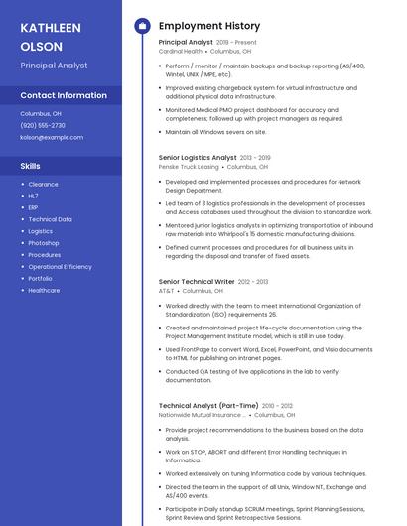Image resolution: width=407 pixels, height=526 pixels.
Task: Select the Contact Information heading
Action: [64, 95]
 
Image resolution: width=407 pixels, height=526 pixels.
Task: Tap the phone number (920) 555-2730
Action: [43, 125]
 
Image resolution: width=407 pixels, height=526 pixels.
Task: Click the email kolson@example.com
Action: [52, 137]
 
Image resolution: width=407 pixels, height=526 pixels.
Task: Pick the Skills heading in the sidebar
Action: [31, 166]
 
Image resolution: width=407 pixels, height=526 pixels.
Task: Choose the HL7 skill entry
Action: [34, 196]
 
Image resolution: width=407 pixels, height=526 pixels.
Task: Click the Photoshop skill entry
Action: [44, 243]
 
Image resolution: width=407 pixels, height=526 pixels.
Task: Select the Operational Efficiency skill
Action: [60, 267]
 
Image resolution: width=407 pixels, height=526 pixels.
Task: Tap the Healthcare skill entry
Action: [44, 291]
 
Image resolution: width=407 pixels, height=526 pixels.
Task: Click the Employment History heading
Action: [209, 26]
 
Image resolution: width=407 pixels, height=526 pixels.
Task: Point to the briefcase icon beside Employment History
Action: [142, 26]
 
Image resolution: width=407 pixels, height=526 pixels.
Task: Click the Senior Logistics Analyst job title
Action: [198, 157]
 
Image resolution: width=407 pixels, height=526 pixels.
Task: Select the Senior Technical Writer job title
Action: [197, 281]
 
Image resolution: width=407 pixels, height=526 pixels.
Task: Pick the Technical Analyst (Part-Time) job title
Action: [208, 405]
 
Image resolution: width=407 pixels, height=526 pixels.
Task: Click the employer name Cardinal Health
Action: [182, 51]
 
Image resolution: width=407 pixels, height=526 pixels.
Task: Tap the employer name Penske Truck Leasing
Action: [189, 167]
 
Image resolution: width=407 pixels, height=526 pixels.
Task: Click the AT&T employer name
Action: [166, 291]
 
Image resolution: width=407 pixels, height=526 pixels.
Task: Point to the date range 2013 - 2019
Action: [255, 157]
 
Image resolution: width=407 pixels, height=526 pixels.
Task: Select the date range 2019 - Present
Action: [236, 42]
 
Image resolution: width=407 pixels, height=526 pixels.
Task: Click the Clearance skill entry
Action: [43, 184]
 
